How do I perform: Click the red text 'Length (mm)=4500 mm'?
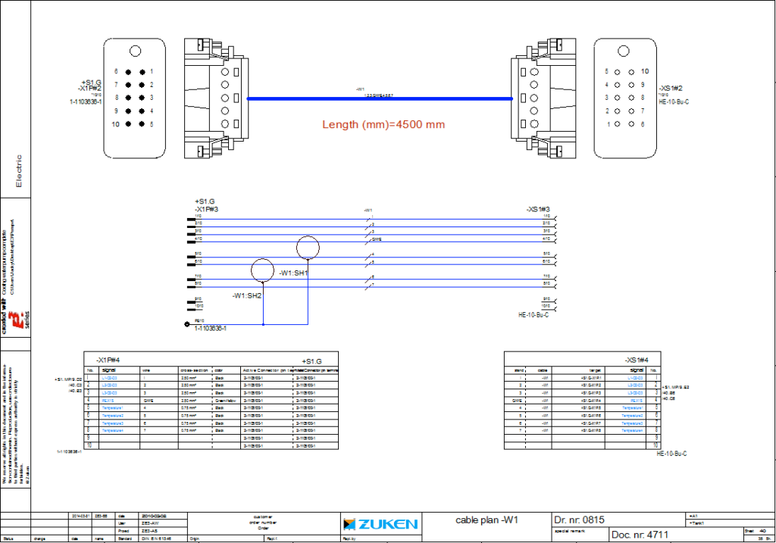click(383, 124)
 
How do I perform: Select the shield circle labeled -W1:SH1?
click(308, 248)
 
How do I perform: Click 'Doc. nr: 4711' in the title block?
click(641, 535)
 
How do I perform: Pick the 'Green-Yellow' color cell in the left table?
click(227, 400)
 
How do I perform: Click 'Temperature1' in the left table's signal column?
click(112, 407)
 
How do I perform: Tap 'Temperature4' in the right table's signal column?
click(633, 430)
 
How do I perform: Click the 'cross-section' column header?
click(195, 370)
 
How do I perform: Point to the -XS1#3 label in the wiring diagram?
click(537, 208)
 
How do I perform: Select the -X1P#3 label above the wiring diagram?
click(207, 208)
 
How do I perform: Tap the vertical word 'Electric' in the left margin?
click(19, 171)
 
